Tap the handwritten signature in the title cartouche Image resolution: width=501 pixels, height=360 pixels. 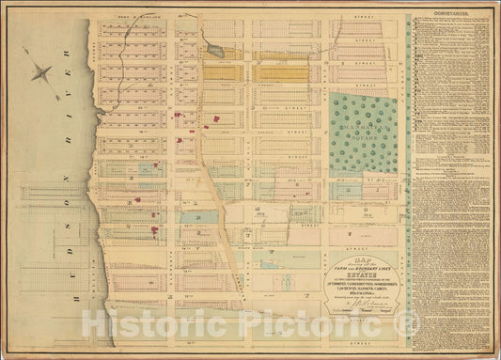coord(361,304)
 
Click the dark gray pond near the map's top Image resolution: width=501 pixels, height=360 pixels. coord(215,51)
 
